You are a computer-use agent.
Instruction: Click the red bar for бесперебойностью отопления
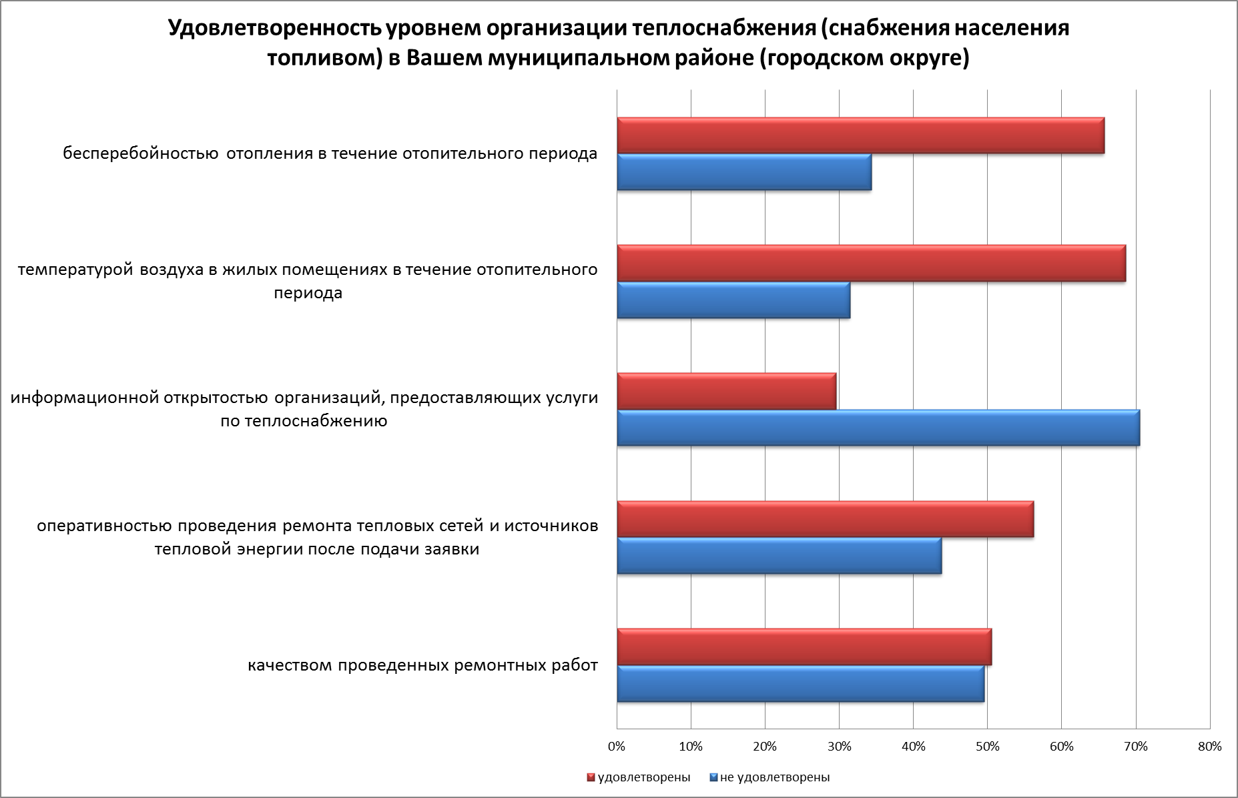click(860, 135)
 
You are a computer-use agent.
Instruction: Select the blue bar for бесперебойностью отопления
click(744, 172)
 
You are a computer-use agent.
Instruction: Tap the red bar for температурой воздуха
click(871, 264)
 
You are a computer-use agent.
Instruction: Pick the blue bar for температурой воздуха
click(733, 300)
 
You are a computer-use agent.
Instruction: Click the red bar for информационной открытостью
click(726, 391)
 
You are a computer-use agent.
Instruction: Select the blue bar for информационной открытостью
click(878, 428)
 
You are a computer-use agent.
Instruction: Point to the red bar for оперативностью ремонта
click(825, 519)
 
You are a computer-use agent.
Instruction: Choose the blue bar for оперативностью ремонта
click(779, 556)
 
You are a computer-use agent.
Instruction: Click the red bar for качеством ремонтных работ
click(804, 647)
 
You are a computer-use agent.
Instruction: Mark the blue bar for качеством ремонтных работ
click(800, 684)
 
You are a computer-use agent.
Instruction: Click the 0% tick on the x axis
click(617, 747)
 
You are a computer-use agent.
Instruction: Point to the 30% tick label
click(839, 747)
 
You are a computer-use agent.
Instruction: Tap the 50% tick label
click(987, 747)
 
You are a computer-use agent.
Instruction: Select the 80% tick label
click(1209, 747)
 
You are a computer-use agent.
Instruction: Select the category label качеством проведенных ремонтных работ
click(422, 665)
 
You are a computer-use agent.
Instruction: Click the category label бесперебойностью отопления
click(330, 153)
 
